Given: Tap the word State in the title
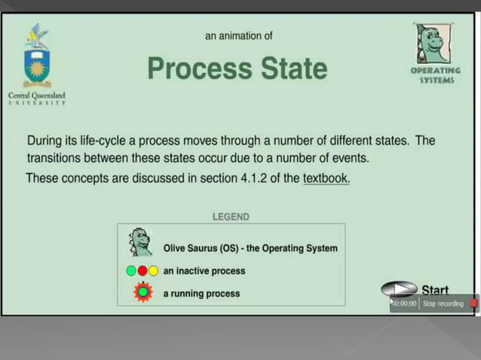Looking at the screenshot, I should point(294,69).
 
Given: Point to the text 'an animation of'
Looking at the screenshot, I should point(239,35).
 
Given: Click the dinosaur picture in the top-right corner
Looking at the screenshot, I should point(433,43).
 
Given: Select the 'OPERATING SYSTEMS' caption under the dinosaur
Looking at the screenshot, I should point(435,75).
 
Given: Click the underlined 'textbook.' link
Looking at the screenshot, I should point(326,178).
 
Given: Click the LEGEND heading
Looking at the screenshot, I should point(231,216).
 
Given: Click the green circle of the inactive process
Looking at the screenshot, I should point(130,271).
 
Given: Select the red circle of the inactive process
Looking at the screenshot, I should point(142,271).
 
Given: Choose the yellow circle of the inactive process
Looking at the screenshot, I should point(153,271).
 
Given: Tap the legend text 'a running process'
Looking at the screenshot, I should point(201,293).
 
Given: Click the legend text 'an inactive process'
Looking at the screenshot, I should point(204,271).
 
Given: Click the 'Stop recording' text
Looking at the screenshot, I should point(443,304).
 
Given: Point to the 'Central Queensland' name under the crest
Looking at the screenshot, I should point(36,96).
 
